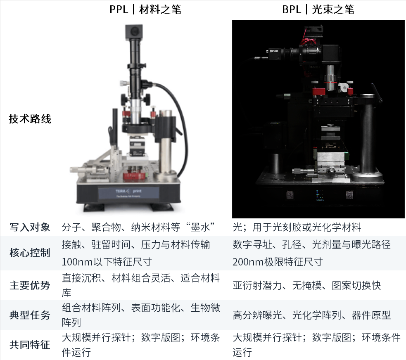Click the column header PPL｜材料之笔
145,9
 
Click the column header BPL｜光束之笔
318,9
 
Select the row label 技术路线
30,119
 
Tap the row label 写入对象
30,227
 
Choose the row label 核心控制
30,253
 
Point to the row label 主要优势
30,285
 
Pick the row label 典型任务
30,315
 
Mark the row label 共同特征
30,345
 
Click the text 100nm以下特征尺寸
107,262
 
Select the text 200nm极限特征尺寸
278,262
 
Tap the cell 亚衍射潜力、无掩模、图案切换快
306,285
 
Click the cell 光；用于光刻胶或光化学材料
297,227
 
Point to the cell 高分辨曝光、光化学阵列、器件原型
311,315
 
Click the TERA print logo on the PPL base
129,191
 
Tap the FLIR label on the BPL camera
274,51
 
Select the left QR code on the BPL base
290,195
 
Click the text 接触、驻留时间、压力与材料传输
136,244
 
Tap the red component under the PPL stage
134,176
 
